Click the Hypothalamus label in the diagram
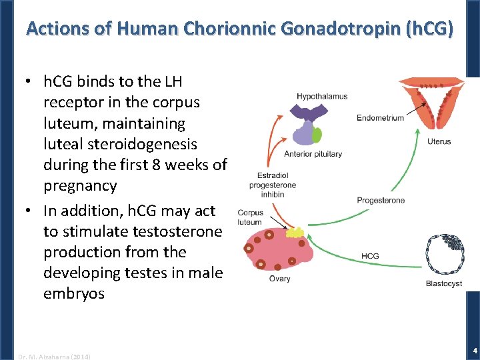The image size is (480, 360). tap(322, 97)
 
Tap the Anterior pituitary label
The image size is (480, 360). tap(313, 154)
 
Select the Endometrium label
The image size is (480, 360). tap(380, 118)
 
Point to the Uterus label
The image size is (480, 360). tap(439, 141)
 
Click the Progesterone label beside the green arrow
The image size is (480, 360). tap(381, 201)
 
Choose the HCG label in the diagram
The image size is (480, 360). tap(371, 256)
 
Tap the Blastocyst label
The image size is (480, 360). tap(443, 283)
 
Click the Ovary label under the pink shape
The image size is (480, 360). tap(279, 279)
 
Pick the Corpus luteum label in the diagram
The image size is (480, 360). tap(250, 217)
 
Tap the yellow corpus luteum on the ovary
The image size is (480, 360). tap(295, 233)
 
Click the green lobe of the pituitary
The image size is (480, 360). tap(317, 135)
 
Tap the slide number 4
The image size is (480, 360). tap(474, 350)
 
